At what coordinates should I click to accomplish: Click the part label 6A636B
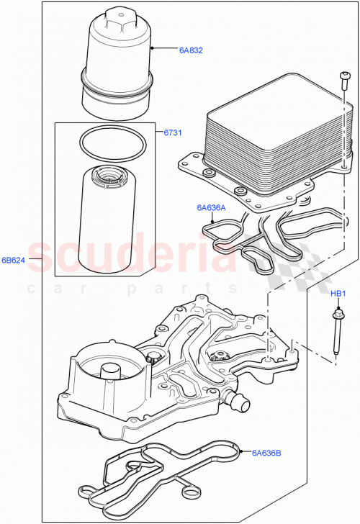[x=266, y=453]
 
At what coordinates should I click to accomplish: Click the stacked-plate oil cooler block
[x=277, y=137]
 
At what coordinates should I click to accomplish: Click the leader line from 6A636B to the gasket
[x=245, y=453]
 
